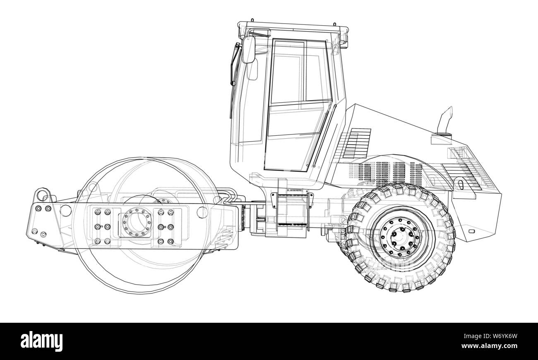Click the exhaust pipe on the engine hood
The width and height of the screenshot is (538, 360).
[444, 120]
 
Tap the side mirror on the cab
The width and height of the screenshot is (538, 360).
[248, 50]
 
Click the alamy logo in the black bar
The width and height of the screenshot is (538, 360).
[42, 341]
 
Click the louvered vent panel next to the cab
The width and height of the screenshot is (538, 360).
[356, 143]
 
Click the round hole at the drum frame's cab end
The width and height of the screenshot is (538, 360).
[202, 212]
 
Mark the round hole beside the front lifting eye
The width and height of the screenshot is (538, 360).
[65, 211]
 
